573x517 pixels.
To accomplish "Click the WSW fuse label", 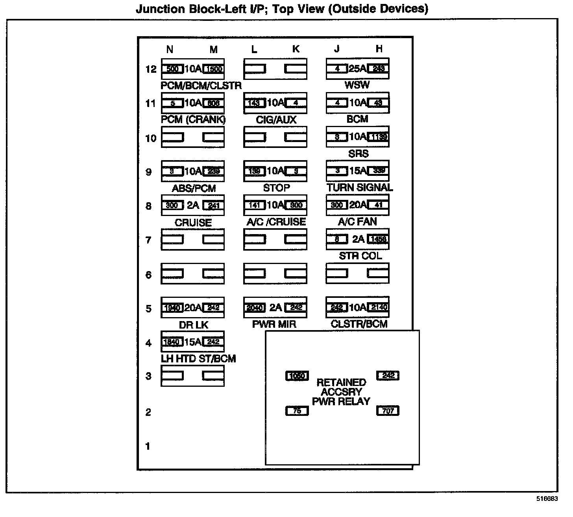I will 357,85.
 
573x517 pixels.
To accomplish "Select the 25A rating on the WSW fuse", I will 357,69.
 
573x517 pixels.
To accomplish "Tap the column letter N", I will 170,49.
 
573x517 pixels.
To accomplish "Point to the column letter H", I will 379,49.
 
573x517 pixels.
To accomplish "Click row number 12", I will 151,69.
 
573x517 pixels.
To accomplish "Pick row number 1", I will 148,447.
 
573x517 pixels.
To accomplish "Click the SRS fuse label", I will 358,153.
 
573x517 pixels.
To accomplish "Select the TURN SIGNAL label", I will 360,188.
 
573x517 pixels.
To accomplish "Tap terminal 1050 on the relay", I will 297,376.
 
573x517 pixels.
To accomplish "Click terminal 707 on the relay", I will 388,411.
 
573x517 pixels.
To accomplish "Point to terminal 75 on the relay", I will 297,411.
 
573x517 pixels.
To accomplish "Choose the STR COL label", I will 360,256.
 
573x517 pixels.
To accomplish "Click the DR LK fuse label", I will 194,325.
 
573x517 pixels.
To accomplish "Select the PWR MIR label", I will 274,324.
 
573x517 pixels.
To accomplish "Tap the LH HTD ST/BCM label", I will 198,359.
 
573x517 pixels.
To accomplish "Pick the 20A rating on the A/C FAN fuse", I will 357,205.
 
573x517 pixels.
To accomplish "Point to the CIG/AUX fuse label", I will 276,120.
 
